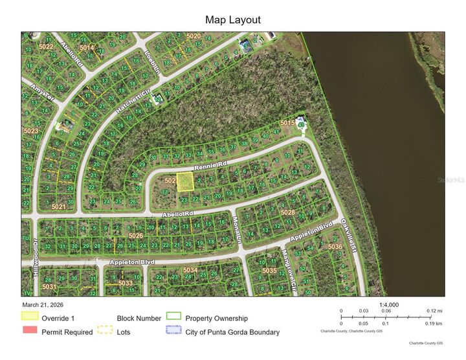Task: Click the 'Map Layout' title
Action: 233,20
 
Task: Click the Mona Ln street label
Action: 236,228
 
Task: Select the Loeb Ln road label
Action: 151,62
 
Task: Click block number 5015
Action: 287,122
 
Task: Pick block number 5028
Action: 287,212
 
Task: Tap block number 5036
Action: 335,247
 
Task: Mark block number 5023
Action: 30,131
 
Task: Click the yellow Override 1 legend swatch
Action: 30,317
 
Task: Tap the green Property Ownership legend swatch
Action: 173,317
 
